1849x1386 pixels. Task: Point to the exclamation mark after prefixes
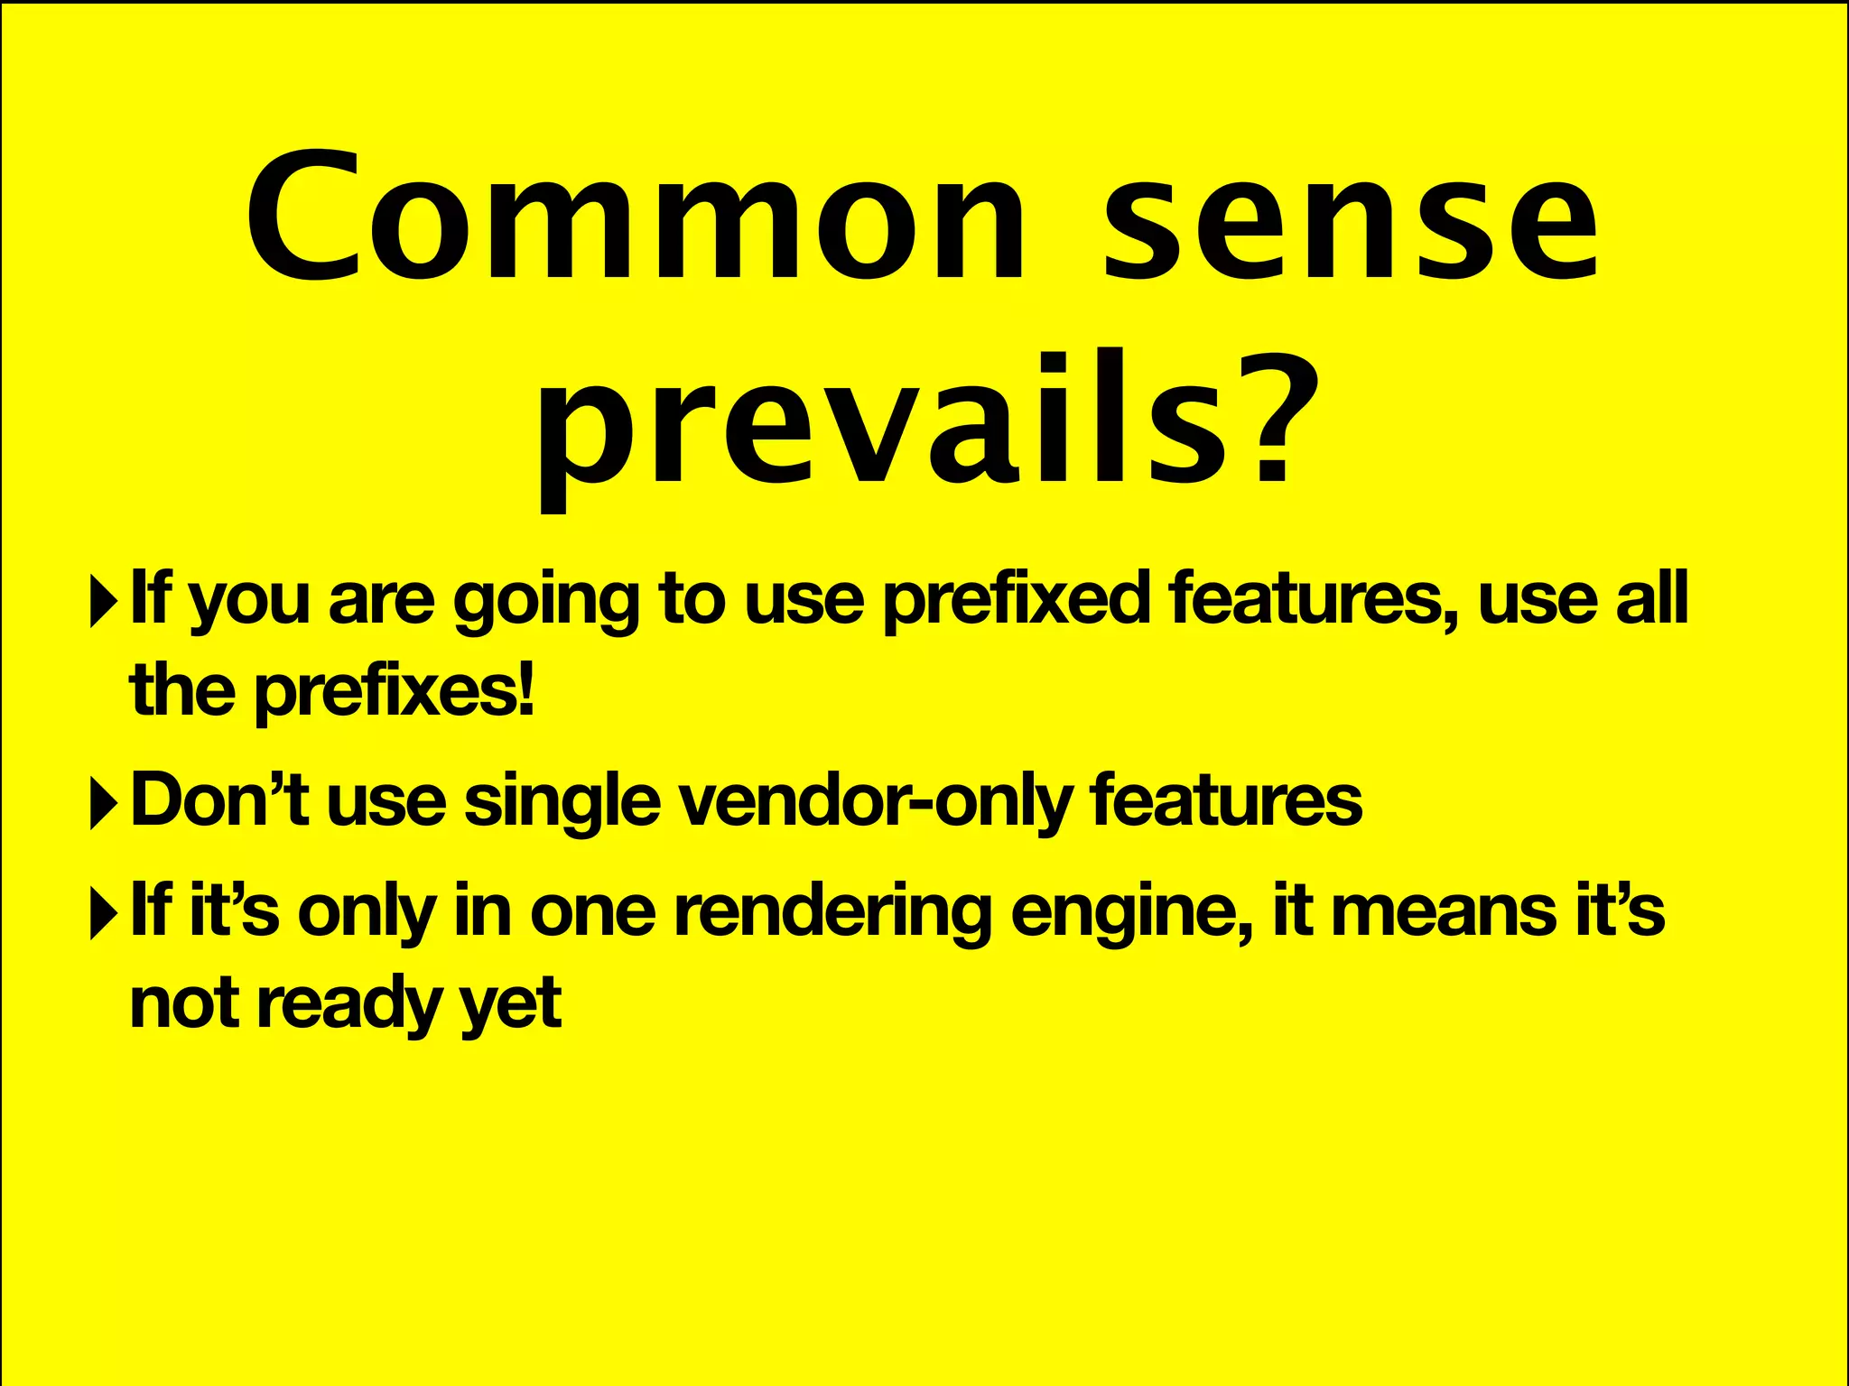(527, 689)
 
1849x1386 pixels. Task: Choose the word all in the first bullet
(1651, 598)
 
